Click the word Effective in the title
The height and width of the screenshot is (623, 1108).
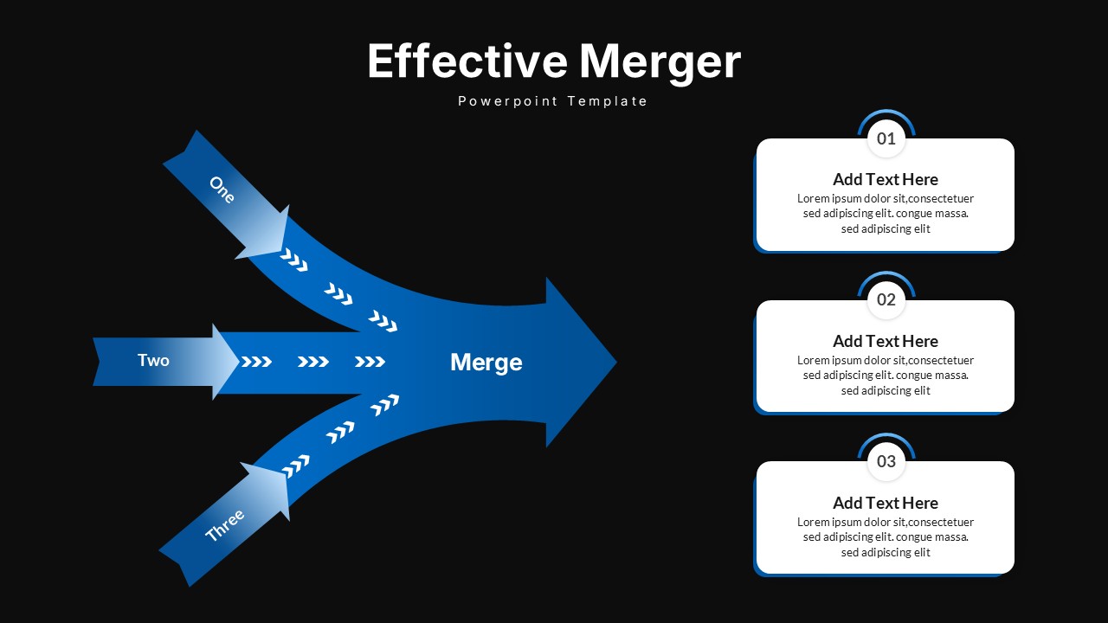(x=467, y=61)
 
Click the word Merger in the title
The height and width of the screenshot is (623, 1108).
(x=660, y=61)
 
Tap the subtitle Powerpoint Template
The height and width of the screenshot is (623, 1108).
(x=553, y=101)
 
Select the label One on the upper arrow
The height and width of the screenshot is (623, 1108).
(x=222, y=189)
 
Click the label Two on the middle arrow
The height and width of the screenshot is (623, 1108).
(x=153, y=360)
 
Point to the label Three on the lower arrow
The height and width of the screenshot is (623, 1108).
(x=225, y=525)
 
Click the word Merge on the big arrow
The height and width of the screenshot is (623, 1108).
(x=486, y=363)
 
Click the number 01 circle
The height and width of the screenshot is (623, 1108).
(x=886, y=138)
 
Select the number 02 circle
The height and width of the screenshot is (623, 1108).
(x=886, y=300)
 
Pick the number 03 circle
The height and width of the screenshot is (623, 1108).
(x=886, y=461)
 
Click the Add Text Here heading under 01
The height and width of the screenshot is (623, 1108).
(x=885, y=180)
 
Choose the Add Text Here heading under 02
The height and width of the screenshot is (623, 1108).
(x=885, y=342)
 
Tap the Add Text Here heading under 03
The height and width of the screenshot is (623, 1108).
(x=885, y=504)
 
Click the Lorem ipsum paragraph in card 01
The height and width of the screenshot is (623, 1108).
(x=885, y=214)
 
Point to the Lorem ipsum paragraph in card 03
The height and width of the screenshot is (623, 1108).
(x=885, y=537)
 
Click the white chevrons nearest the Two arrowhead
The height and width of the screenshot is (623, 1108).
(x=256, y=362)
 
